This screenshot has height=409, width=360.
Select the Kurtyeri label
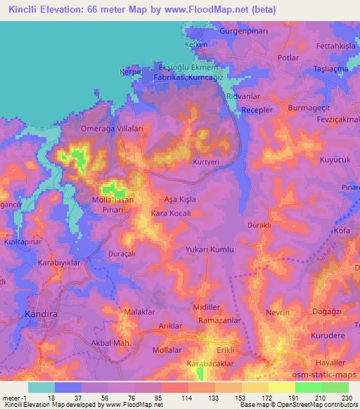tap(207, 162)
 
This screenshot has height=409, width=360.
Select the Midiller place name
tap(207, 308)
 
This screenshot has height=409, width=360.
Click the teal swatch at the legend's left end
tap(41, 387)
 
